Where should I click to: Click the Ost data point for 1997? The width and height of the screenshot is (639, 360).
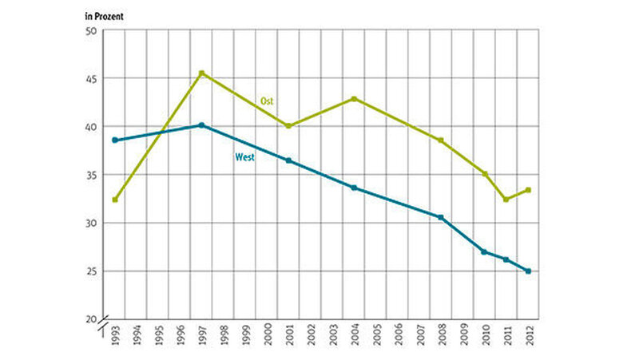[202, 73]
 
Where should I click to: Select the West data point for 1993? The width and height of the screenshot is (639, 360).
[115, 140]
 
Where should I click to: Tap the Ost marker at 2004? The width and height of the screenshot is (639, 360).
[354, 99]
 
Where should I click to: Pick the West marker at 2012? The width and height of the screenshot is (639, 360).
[528, 271]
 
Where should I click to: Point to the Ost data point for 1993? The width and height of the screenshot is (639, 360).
[115, 200]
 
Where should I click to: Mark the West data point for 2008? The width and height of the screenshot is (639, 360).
[441, 217]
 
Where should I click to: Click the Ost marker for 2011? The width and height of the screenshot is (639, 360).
[506, 200]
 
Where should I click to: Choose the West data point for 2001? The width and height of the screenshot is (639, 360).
[288, 160]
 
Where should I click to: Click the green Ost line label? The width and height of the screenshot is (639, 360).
[268, 101]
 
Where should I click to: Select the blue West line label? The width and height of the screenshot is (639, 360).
[244, 157]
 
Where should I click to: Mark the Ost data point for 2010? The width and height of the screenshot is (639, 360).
[485, 174]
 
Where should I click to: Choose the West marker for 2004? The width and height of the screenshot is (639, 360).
[354, 188]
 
